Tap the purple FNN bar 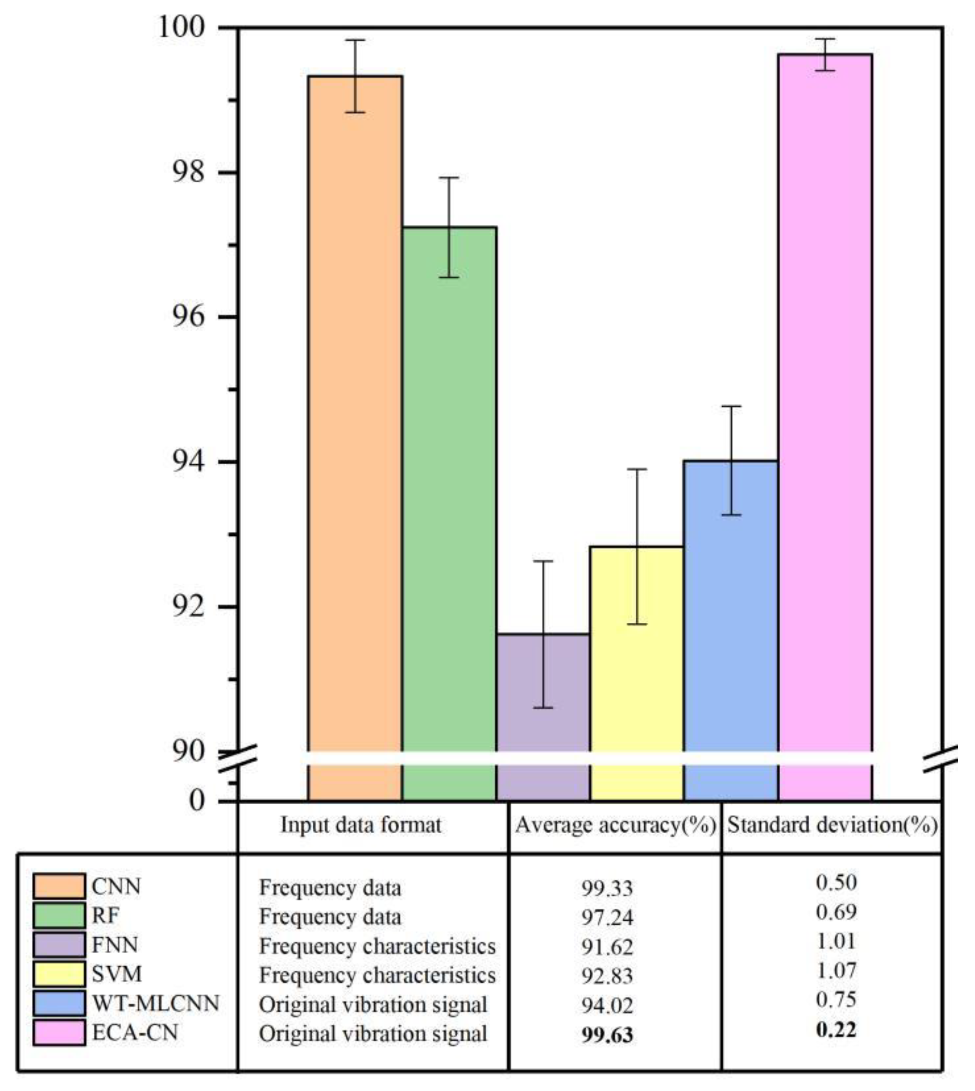point(543,696)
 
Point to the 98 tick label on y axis point(189,173)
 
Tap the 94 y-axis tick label point(189,462)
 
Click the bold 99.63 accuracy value point(607,1035)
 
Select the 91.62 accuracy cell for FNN point(607,947)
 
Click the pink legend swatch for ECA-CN point(59,1032)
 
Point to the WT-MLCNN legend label point(155,1003)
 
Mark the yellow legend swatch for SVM point(59,973)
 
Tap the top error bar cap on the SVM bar point(637,470)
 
